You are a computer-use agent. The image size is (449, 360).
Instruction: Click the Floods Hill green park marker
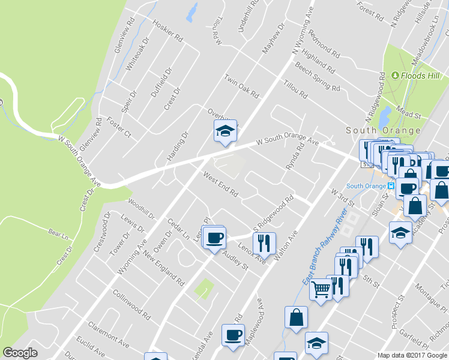coord(396,76)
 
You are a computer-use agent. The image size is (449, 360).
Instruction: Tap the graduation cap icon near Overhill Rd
coord(225,131)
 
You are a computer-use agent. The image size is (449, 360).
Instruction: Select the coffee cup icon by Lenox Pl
coord(214,238)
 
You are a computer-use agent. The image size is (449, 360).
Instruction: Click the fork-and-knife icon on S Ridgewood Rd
coord(264,243)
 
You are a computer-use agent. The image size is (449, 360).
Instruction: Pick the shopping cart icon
coord(321,290)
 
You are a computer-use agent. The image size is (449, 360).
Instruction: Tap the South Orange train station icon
coord(391,186)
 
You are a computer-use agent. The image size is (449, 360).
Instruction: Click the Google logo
coord(20,353)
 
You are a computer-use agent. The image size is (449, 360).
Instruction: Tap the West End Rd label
coord(220,185)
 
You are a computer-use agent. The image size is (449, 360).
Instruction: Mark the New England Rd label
coord(163,268)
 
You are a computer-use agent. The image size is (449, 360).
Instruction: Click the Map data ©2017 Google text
coord(412,355)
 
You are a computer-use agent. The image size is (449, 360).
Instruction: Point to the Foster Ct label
coord(119,129)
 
